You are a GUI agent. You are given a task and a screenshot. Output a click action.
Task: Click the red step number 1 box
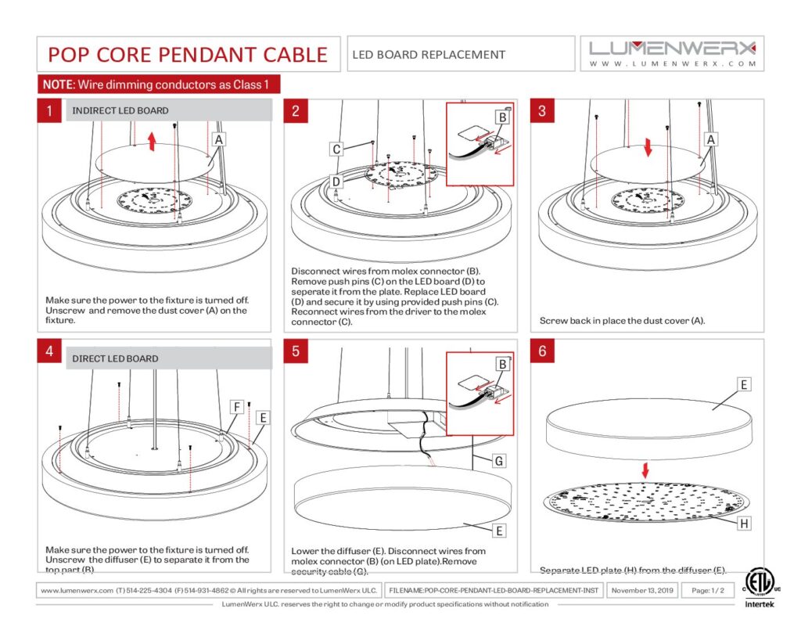[49, 111]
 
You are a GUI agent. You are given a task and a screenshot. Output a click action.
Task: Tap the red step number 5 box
[296, 351]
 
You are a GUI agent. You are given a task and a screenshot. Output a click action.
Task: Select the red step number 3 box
[542, 111]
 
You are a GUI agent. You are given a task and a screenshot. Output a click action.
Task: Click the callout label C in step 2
[336, 149]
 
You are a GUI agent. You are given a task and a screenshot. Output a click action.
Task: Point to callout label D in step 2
[336, 182]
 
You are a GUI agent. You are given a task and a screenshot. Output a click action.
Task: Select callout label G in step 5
[497, 461]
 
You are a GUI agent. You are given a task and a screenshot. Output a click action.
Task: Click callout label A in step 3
[711, 139]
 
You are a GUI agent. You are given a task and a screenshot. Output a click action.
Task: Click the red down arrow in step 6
[645, 470]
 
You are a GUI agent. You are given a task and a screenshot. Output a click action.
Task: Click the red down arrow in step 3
[648, 147]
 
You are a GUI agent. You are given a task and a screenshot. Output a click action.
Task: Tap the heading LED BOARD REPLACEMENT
[429, 55]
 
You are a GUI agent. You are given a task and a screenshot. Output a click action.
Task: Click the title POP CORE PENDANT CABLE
[188, 55]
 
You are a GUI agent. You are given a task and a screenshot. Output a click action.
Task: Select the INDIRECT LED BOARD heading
[120, 111]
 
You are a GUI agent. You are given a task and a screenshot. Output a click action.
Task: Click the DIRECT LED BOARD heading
[115, 359]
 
